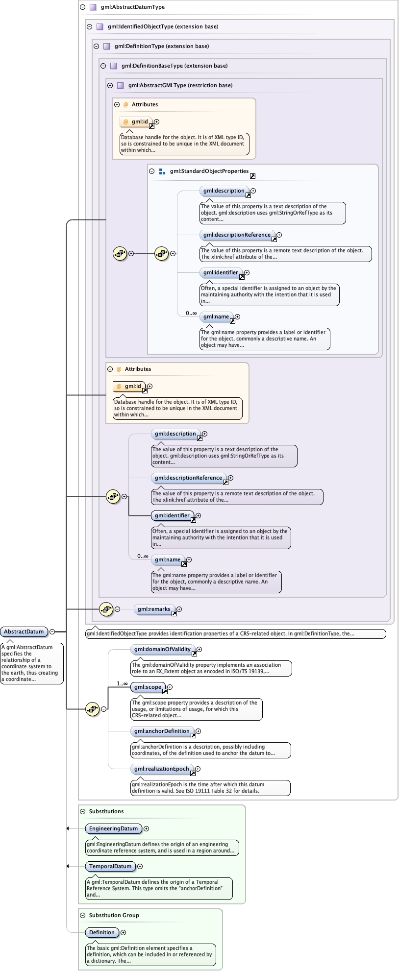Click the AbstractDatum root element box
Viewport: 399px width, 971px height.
(24, 631)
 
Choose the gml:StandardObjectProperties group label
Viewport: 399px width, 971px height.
(209, 171)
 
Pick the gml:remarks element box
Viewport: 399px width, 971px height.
(154, 609)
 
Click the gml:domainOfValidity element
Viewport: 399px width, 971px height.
(162, 650)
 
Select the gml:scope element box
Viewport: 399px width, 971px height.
(148, 687)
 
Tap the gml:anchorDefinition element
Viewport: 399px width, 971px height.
(162, 731)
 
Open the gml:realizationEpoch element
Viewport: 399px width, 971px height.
(161, 769)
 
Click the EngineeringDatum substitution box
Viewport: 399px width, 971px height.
(113, 829)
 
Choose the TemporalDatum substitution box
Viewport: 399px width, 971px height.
(110, 867)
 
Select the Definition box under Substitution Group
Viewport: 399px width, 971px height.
(101, 933)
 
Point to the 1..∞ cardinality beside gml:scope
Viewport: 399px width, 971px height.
(122, 683)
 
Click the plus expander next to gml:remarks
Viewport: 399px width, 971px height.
(179, 609)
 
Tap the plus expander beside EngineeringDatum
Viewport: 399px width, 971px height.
(147, 829)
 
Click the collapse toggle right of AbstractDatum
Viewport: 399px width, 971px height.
(52, 632)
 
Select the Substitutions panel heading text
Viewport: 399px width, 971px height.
(106, 812)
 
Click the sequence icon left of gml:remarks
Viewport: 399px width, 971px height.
(106, 609)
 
